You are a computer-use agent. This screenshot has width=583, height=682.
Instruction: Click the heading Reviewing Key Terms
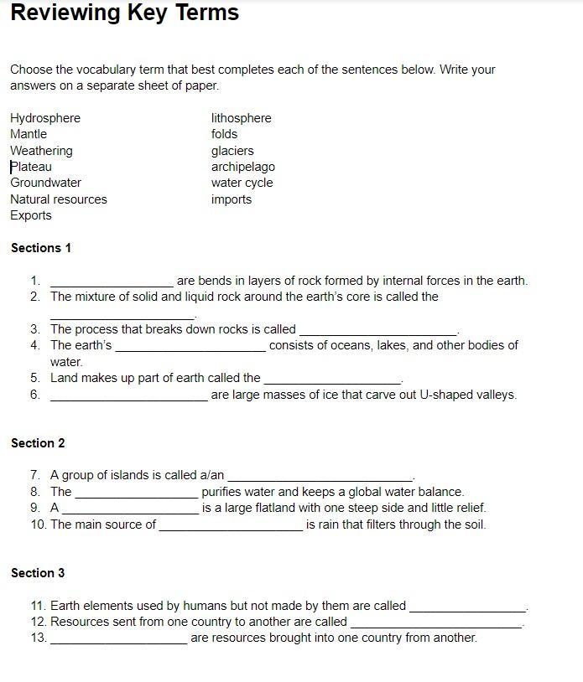tap(124, 13)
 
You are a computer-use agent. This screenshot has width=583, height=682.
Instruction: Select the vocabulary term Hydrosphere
tap(45, 118)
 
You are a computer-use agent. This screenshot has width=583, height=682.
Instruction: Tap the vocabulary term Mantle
tap(29, 134)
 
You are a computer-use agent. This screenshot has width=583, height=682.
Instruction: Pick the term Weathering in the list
tap(41, 151)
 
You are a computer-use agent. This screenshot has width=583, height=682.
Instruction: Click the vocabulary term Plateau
tap(31, 167)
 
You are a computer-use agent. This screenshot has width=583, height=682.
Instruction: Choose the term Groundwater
tap(45, 183)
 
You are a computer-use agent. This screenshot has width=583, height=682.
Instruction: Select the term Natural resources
tap(59, 199)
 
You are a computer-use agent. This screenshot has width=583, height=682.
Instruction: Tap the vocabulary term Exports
tap(31, 215)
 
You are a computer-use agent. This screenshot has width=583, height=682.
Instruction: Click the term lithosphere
tap(242, 118)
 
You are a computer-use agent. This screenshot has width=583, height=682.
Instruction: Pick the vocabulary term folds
tap(225, 134)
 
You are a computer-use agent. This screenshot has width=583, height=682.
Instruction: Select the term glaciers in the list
tap(232, 151)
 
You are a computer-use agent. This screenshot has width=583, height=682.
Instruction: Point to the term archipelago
tap(243, 167)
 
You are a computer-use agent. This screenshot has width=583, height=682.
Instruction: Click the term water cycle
tap(242, 183)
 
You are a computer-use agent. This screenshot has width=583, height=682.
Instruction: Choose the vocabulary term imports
tap(232, 199)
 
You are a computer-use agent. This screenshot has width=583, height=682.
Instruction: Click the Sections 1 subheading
tap(41, 248)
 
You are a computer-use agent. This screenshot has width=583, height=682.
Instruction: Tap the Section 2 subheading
tap(38, 443)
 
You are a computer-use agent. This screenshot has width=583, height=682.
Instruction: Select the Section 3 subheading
tap(38, 573)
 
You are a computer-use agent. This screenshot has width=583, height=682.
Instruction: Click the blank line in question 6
tap(128, 396)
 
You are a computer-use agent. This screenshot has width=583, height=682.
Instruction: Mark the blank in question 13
tap(118, 639)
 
